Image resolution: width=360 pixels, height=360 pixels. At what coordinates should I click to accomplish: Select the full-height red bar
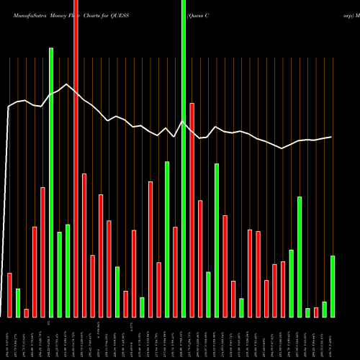(76, 158)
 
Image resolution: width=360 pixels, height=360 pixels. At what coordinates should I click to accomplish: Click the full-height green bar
(184, 158)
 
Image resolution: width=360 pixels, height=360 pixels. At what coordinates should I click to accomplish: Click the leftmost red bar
(10, 295)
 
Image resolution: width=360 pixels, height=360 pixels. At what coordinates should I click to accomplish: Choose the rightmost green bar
(333, 286)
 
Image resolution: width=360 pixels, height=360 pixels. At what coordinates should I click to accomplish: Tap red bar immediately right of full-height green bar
(192, 210)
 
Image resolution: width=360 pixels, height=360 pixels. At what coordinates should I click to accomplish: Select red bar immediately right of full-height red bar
(84, 245)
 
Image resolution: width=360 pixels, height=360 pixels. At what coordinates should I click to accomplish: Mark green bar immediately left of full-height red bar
(68, 271)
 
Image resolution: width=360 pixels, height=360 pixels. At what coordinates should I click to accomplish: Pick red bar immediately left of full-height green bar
(175, 271)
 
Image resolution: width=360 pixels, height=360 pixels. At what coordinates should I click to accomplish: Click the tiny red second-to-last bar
(316, 312)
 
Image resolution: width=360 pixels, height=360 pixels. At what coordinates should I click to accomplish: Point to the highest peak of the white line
(67, 84)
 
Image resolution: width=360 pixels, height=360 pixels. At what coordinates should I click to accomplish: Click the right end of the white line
(332, 137)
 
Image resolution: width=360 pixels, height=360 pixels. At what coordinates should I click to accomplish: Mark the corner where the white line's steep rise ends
(9, 107)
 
